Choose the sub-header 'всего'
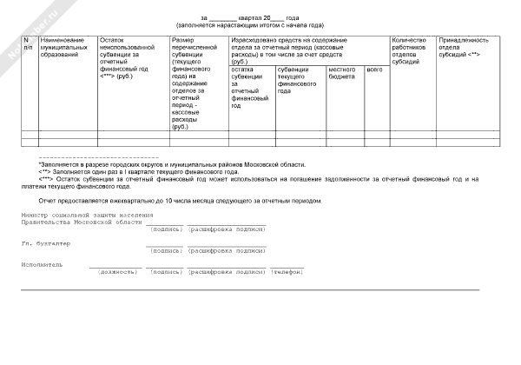375,69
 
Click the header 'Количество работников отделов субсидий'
412,50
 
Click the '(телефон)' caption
287,271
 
